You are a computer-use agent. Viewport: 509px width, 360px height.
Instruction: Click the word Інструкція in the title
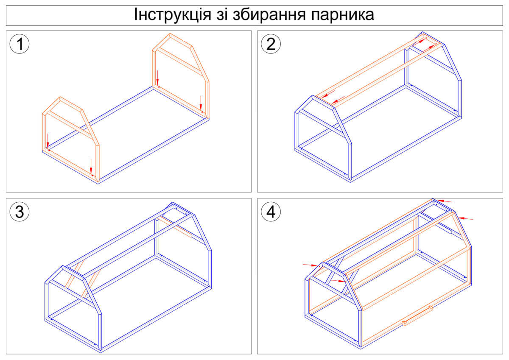173,14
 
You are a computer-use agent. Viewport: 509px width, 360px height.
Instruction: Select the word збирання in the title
269,15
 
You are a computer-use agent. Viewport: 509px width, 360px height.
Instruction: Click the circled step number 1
20,44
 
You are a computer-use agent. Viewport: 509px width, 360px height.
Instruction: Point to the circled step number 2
271,44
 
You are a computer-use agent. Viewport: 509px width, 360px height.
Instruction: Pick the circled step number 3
20,212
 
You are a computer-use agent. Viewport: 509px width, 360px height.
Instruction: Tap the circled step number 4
271,212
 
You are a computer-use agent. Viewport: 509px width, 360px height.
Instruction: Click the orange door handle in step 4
417,316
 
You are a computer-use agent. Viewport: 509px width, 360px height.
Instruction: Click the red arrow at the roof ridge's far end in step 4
445,201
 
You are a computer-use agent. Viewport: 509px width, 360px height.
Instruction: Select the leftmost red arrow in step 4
310,265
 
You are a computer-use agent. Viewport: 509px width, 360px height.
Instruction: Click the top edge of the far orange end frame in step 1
181,40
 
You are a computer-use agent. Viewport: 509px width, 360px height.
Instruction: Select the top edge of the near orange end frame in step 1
71,104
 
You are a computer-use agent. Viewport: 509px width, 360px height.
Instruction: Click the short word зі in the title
222,14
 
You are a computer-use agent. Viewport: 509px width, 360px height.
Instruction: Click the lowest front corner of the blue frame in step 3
101,352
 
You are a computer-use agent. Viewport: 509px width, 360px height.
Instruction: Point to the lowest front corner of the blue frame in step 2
350,181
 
